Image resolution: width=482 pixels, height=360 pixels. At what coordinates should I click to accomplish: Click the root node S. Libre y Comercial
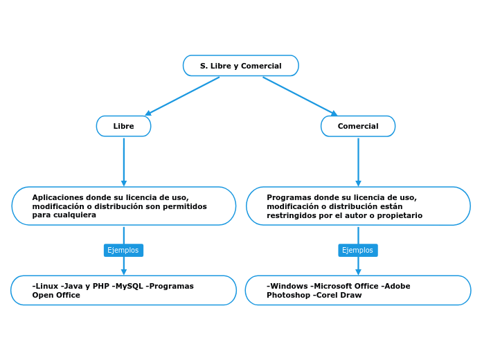[240, 66]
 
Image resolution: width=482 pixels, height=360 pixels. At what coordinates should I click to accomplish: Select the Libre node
[123, 126]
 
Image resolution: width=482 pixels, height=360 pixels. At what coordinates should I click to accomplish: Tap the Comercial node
[358, 126]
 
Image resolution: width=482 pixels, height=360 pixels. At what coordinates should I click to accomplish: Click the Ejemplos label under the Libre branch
[123, 250]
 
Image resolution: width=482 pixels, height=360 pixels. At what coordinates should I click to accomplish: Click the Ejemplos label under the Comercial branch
[357, 250]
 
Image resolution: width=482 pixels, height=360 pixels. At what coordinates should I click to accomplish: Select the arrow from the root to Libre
[182, 96]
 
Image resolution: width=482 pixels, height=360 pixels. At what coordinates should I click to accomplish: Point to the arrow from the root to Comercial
[300, 96]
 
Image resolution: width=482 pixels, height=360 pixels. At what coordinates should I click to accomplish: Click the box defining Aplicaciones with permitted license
[123, 206]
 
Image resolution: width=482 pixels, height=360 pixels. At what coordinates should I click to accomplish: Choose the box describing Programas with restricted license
[358, 206]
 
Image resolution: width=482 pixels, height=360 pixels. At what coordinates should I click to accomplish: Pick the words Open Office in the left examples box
[56, 295]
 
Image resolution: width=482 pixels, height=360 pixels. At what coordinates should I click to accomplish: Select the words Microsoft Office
[345, 286]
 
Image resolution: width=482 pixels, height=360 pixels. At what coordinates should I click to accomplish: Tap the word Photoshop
[288, 295]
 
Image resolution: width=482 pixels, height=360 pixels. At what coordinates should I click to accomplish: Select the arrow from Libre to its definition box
[124, 161]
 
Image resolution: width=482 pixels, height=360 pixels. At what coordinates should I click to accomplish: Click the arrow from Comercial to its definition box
[358, 161]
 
